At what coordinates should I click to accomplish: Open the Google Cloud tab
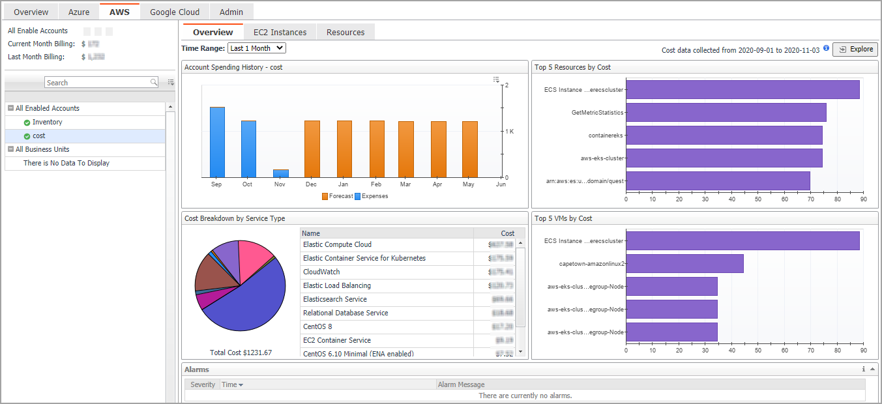(x=175, y=12)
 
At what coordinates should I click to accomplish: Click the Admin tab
(x=231, y=12)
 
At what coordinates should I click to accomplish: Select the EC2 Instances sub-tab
(x=280, y=32)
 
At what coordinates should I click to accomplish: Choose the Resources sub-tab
(x=345, y=32)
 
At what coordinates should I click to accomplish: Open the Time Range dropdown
(x=257, y=48)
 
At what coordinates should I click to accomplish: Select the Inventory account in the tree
(x=48, y=122)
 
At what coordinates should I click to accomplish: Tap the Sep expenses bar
(x=217, y=142)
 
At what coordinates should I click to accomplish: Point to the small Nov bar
(x=280, y=173)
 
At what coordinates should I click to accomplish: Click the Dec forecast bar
(x=312, y=149)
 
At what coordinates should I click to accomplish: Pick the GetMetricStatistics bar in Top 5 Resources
(x=726, y=112)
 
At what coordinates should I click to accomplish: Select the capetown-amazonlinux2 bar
(x=684, y=264)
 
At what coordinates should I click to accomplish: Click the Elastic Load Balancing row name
(x=337, y=285)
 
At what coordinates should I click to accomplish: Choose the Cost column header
(x=507, y=233)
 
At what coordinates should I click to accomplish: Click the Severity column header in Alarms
(x=203, y=384)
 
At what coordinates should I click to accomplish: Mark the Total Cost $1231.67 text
(x=241, y=353)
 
